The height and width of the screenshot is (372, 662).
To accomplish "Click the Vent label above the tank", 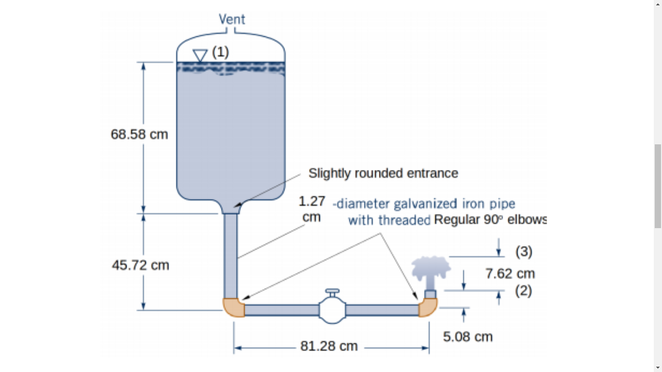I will tap(232, 19).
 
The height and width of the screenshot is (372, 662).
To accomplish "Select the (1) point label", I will tap(221, 52).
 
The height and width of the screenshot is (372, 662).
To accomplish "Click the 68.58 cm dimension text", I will tap(139, 134).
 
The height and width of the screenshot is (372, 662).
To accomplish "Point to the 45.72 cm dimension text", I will tap(141, 265).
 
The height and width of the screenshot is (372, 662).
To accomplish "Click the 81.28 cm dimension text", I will tap(329, 346).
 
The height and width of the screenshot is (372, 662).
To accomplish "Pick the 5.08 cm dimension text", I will tap(468, 337).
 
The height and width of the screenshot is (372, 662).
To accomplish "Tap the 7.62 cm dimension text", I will tap(510, 274).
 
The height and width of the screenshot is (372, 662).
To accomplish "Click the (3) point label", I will tap(523, 251).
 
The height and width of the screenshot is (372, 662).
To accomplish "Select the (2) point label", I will tap(523, 291).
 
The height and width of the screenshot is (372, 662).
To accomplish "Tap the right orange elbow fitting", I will tap(428, 307).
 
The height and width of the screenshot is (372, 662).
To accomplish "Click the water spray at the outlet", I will tap(430, 269).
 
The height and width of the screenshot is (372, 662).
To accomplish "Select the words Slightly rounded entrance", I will tap(383, 173).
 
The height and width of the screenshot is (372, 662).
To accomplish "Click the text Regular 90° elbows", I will tap(490, 220).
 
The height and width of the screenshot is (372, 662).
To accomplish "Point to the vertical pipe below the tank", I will tap(231, 257).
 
